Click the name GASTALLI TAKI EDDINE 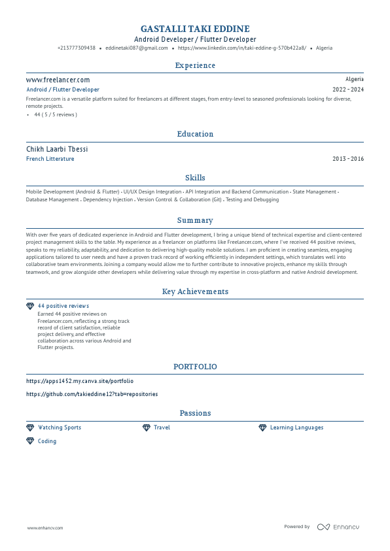pyautogui.click(x=195, y=29)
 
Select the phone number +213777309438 pyautogui.click(x=76, y=48)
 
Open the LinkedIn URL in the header pyautogui.click(x=241, y=48)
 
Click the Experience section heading pyautogui.click(x=195, y=65)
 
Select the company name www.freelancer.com pyautogui.click(x=58, y=80)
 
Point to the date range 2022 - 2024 pyautogui.click(x=348, y=90)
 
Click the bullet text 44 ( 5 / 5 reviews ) pyautogui.click(x=56, y=114)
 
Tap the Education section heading pyautogui.click(x=195, y=134)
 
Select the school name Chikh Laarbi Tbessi pyautogui.click(x=57, y=149)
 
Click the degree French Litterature pyautogui.click(x=50, y=159)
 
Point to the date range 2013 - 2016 pyautogui.click(x=348, y=159)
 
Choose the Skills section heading pyautogui.click(x=195, y=178)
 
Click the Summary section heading pyautogui.click(x=195, y=221)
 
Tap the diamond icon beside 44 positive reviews pyautogui.click(x=29, y=306)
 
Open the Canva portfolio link pyautogui.click(x=80, y=380)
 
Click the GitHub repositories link pyautogui.click(x=92, y=394)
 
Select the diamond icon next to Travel pyautogui.click(x=147, y=427)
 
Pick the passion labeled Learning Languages pyautogui.click(x=296, y=427)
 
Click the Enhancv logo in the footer pyautogui.click(x=338, y=527)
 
